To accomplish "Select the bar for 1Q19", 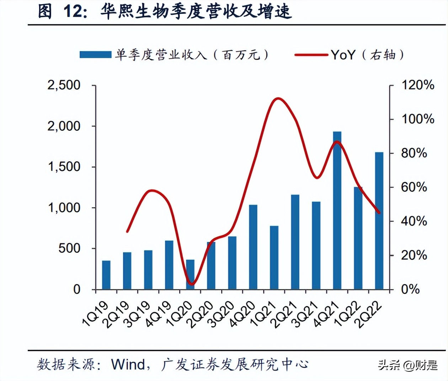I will [106, 275].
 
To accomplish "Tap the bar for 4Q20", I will [253, 247].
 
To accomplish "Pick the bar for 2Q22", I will [379, 221].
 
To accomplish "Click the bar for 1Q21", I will [274, 258].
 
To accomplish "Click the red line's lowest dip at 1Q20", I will [191, 284].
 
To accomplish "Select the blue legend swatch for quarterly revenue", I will [95, 55].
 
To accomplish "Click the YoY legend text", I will [343, 55].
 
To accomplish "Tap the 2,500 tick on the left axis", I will [64, 85].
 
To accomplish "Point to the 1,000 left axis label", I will [64, 208].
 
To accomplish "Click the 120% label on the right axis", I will [418, 85].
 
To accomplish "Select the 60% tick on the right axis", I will [414, 187].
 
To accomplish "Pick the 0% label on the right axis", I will [410, 289].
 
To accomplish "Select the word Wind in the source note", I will [128, 364].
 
